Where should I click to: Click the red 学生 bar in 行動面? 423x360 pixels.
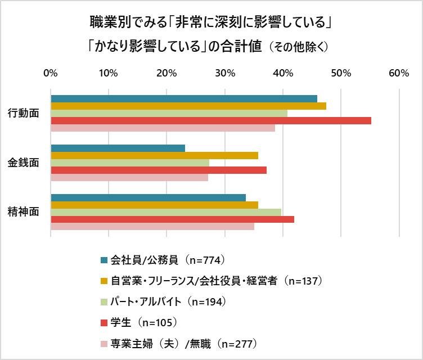pos(211,120)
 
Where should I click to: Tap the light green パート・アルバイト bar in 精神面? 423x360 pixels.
pos(166,212)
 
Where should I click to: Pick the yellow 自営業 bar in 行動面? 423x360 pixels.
pos(188,106)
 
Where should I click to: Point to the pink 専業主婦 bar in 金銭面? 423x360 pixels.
pos(129,178)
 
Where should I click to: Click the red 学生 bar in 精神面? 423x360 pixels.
pos(173,219)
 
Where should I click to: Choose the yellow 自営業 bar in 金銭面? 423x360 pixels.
pos(155,156)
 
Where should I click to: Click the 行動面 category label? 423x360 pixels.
pos(24,113)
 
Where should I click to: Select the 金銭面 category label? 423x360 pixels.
pos(24,163)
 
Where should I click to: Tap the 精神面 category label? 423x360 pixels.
pos(24,212)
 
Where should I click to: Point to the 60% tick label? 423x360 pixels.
pos(399,73)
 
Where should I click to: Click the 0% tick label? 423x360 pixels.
pos(51,73)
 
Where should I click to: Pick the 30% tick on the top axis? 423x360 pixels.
pos(225,73)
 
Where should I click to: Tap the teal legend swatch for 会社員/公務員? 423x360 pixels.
pos(103,260)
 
